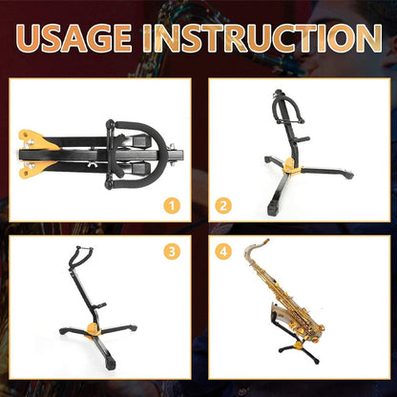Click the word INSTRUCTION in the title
coord(266,37)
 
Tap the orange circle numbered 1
coord(172,205)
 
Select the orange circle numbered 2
coord(223,205)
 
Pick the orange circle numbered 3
coord(172,252)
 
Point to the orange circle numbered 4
coord(223,252)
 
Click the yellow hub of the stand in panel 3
coord(92,327)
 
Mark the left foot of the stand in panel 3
coord(63,333)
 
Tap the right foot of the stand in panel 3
coord(132,327)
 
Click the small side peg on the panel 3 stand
coord(101,305)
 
